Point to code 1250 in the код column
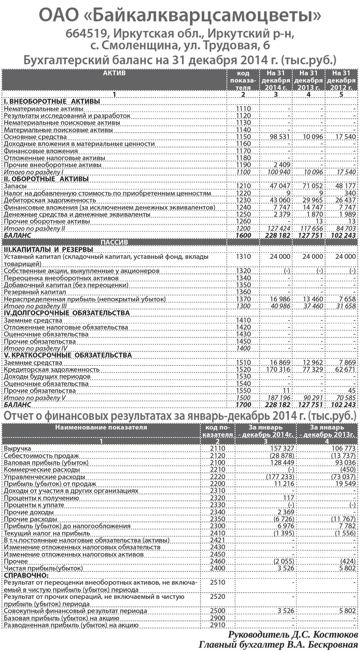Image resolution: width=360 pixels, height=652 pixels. tap(243, 214)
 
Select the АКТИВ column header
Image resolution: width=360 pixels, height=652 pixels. tap(114, 74)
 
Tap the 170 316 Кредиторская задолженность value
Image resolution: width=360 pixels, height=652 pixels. tap(278, 369)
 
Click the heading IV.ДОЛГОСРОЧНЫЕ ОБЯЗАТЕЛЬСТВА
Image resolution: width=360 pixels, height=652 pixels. tap(67, 313)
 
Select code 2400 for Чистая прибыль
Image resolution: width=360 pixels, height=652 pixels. tap(218, 568)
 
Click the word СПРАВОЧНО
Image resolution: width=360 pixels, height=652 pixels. tap(25, 575)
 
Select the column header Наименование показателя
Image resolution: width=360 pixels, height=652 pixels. tap(101, 427)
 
